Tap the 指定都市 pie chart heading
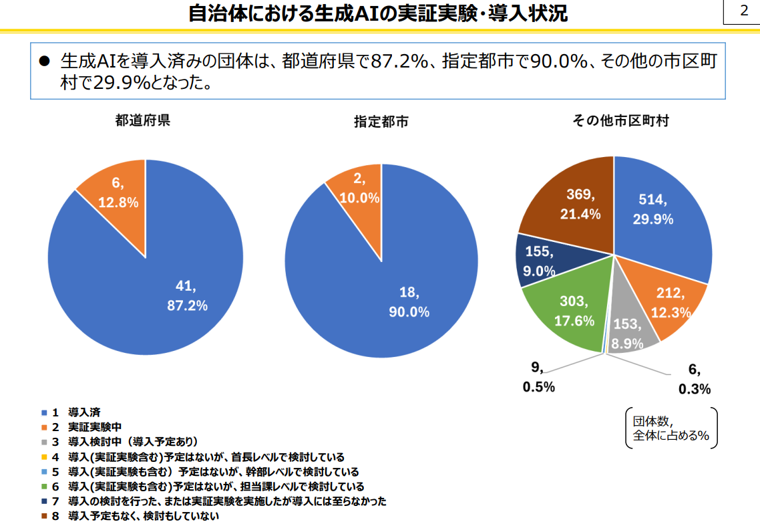pyautogui.click(x=381, y=122)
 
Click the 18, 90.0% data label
pyautogui.click(x=409, y=301)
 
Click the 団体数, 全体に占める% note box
pyautogui.click(x=671, y=428)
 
